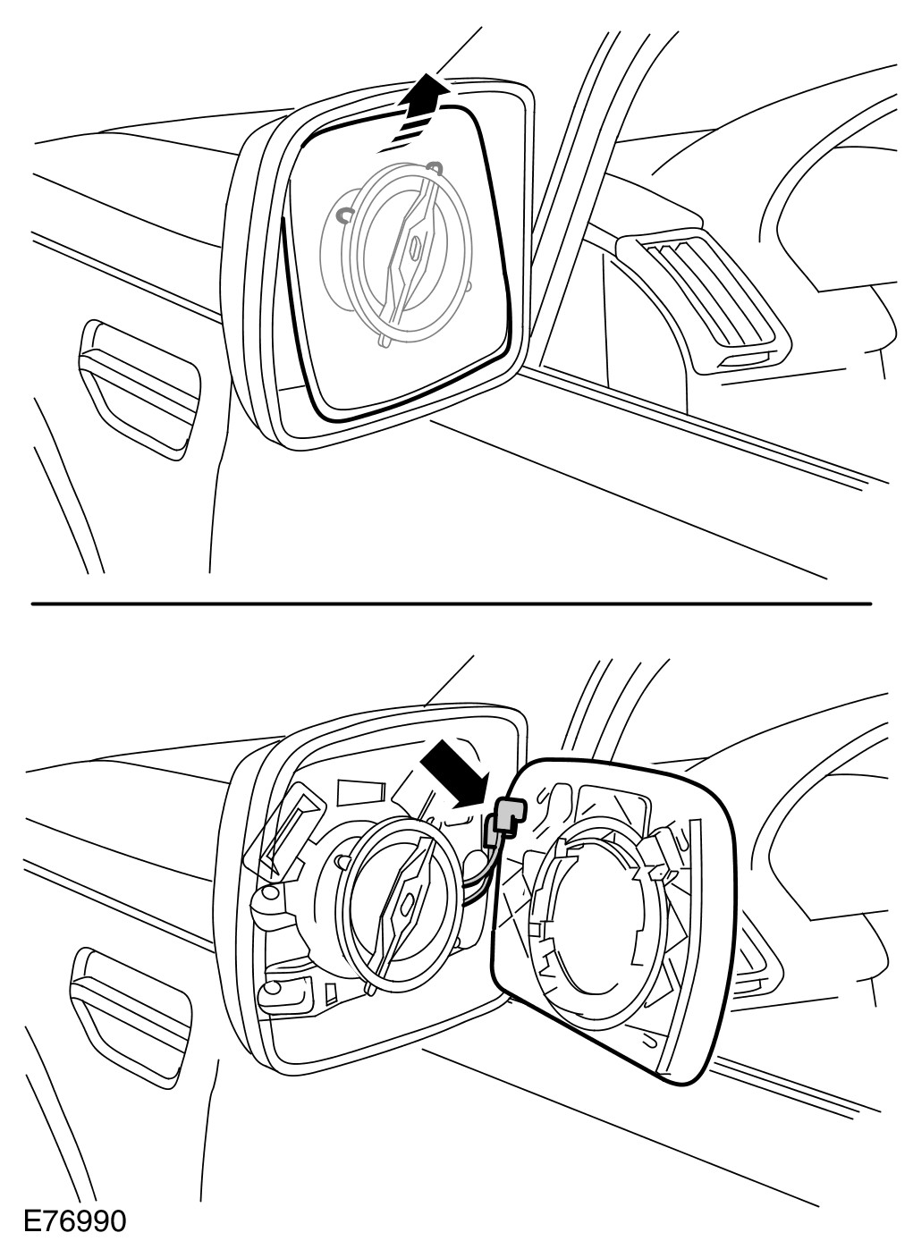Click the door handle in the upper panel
[x=139, y=384]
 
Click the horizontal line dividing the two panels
[x=451, y=604]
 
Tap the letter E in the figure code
[x=33, y=1220]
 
